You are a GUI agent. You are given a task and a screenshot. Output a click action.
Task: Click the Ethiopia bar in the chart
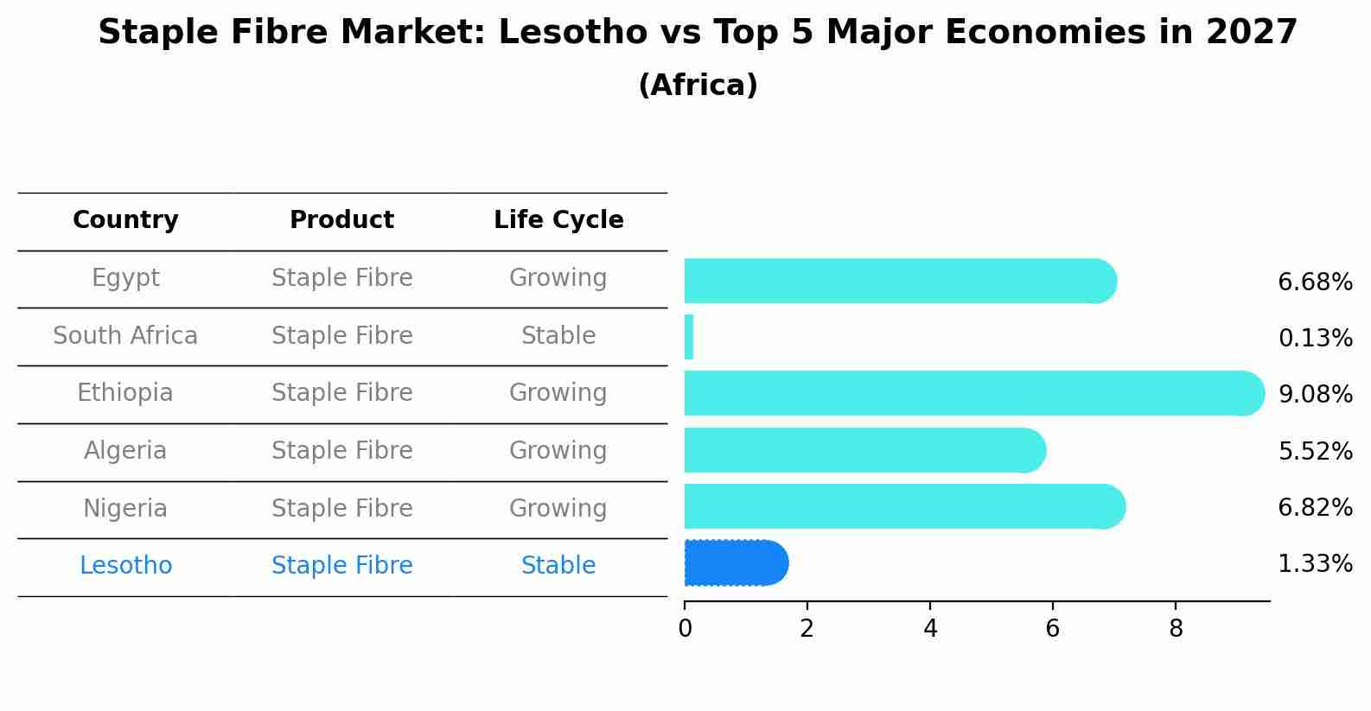point(968,393)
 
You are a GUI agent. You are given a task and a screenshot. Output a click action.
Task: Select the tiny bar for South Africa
point(689,337)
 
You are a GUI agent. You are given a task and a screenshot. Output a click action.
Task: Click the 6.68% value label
point(1314,282)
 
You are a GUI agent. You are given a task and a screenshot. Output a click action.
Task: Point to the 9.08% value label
point(1314,395)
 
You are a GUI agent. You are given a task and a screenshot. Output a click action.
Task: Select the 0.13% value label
point(1314,339)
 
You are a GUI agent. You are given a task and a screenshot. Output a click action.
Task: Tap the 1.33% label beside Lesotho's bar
point(1314,564)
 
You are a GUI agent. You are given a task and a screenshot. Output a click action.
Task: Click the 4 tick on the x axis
point(930,629)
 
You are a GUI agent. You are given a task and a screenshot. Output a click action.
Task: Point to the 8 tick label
point(1176,629)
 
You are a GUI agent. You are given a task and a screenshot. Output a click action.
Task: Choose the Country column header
point(125,220)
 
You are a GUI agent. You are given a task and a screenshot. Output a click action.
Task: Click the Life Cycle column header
point(558,220)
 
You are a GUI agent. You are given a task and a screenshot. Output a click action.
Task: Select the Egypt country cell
point(125,278)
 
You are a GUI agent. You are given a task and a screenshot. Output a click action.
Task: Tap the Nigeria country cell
point(125,508)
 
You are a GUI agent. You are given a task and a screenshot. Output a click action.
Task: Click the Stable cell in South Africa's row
point(558,335)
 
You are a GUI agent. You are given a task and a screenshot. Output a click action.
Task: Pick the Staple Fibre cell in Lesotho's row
point(341,566)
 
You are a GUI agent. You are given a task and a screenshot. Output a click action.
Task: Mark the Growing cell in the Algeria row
point(558,450)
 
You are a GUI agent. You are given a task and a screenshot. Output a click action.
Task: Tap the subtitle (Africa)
point(698,86)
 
